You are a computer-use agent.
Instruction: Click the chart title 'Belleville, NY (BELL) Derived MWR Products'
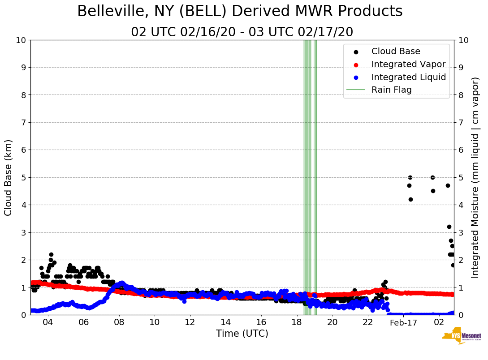pos(240,12)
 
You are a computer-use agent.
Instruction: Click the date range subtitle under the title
pos(242,32)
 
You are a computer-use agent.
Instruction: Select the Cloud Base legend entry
pos(396,51)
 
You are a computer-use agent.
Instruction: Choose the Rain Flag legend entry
pos(391,90)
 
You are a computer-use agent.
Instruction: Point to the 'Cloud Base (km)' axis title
pos(9,177)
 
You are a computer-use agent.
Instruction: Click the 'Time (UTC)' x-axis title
pos(242,334)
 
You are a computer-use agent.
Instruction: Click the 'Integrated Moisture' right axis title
pos(475,177)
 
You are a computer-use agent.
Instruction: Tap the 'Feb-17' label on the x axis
pos(403,323)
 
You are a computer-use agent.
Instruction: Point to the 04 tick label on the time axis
pos(48,322)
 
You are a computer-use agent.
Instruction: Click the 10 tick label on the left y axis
pos(21,40)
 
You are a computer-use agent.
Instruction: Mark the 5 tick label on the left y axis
pos(23,177)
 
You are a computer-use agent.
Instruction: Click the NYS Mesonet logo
pos(461,337)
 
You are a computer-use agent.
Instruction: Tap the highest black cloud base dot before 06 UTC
pos(51,254)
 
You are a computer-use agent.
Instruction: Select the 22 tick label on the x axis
pos(368,322)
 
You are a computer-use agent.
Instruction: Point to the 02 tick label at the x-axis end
pos(439,322)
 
